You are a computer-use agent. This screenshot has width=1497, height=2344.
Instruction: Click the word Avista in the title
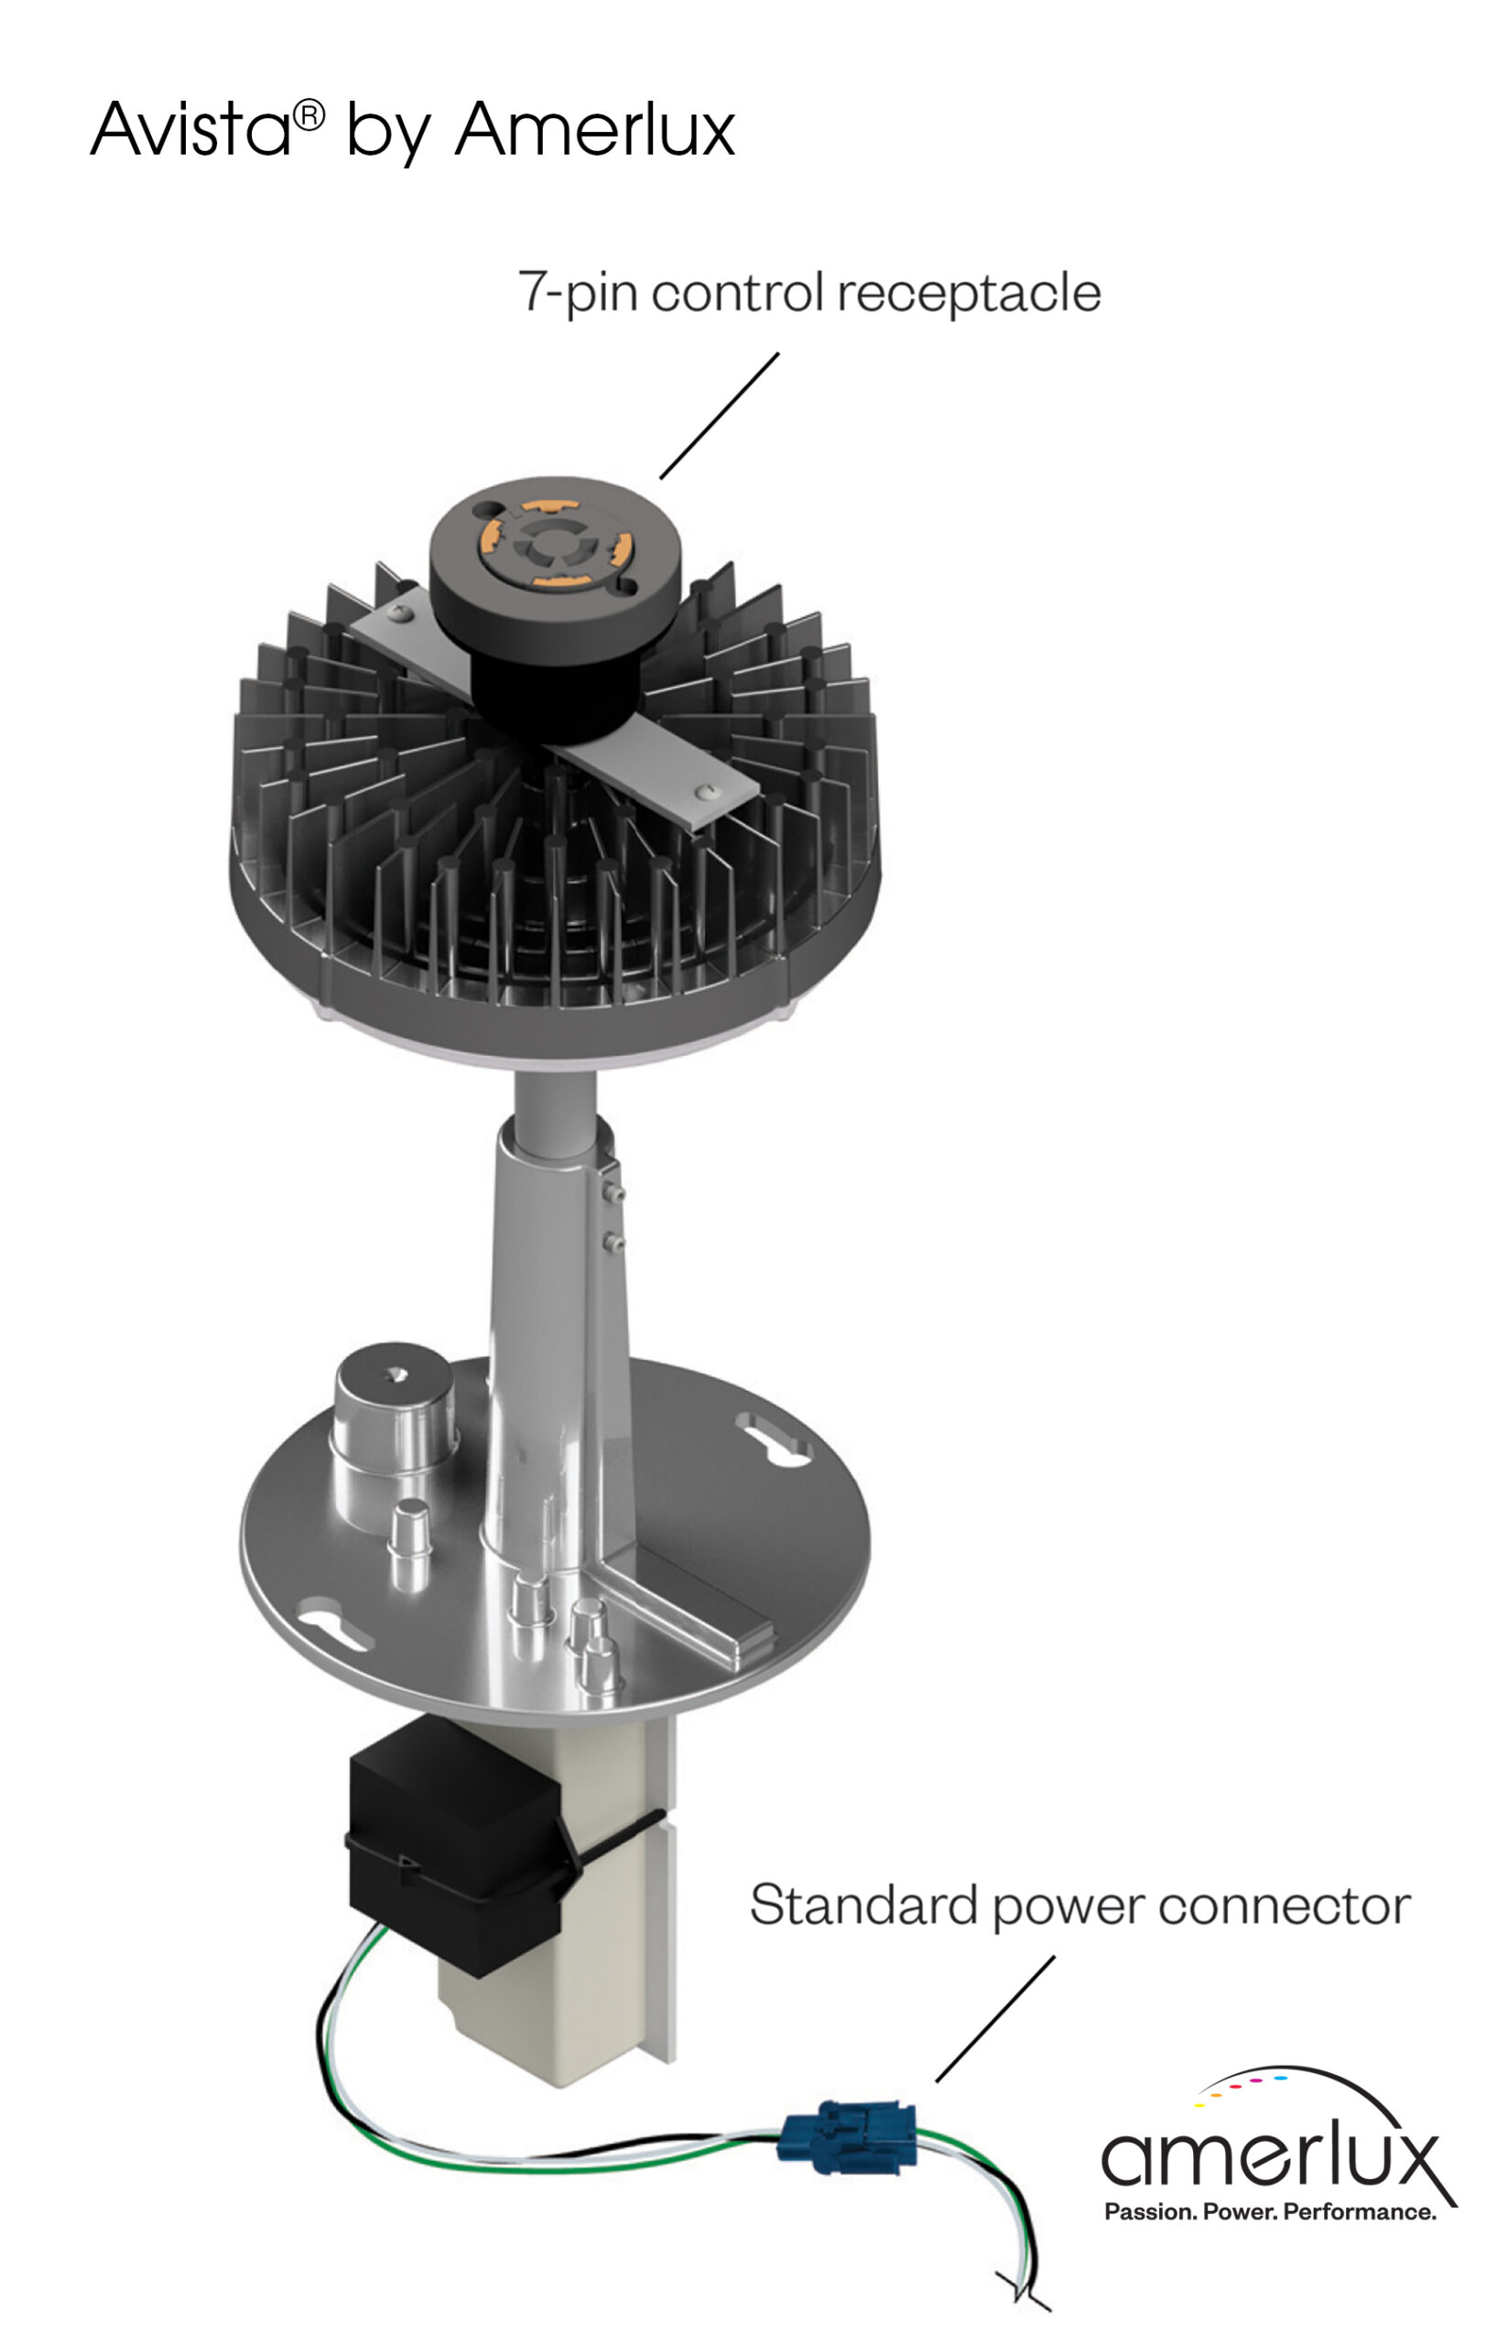pos(190,128)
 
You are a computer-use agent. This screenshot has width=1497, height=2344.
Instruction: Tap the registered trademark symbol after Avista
pos(309,116)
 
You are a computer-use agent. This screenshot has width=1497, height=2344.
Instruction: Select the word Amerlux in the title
pos(595,128)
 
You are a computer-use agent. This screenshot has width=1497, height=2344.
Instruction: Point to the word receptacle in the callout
pos(969,292)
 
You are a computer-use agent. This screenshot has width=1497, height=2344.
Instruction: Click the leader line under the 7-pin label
pos(720,416)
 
